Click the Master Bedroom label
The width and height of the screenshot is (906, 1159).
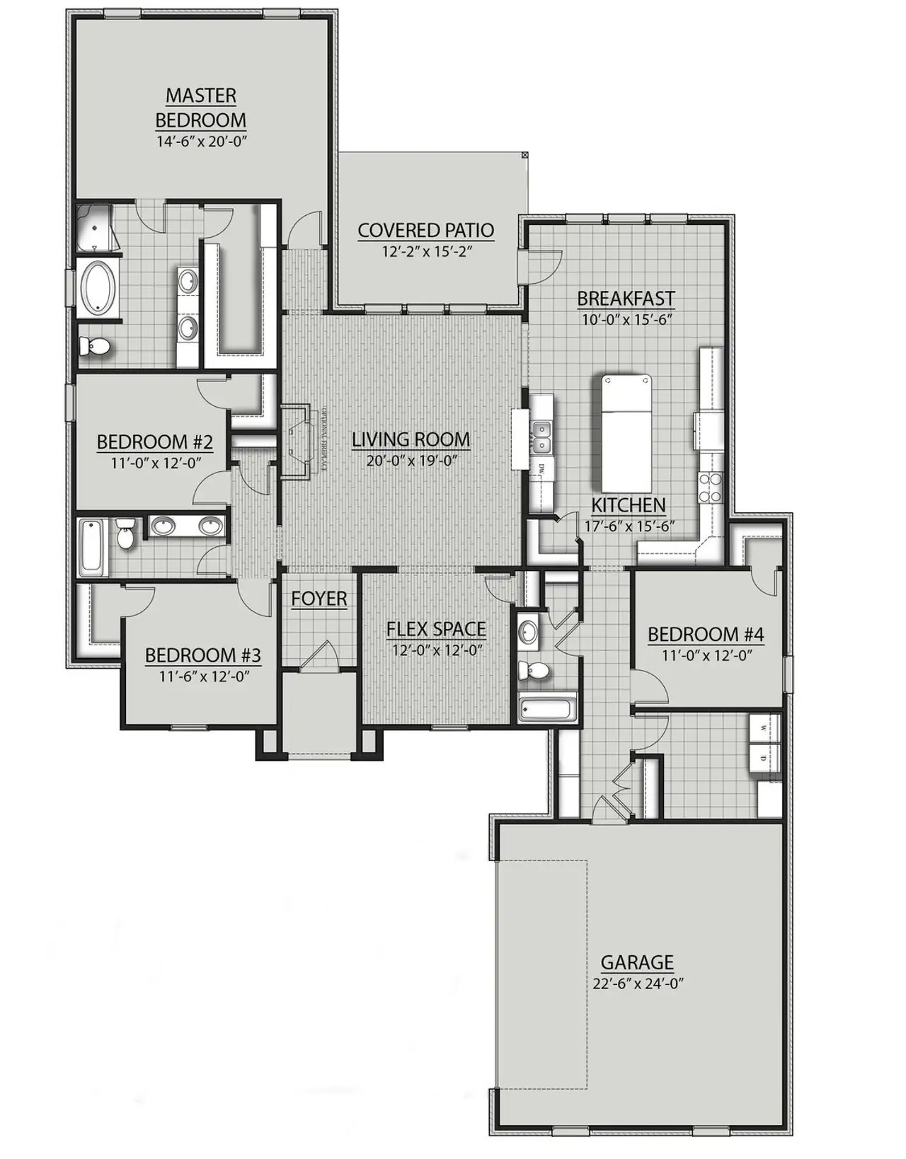[x=201, y=107]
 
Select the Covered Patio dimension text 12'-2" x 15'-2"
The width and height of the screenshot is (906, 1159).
[x=425, y=251]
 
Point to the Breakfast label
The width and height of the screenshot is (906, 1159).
[x=626, y=299]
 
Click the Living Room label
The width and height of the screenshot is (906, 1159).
[x=411, y=439]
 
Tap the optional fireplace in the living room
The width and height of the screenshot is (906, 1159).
[x=296, y=442]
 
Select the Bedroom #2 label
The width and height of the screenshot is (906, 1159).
[x=154, y=443]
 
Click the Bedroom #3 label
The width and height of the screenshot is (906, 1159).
[x=203, y=655]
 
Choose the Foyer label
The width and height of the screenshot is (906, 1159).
[x=319, y=599]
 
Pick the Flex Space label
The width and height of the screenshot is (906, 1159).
[x=436, y=629]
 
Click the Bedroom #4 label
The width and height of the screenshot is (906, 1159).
[x=706, y=634]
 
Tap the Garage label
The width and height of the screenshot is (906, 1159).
[x=637, y=962]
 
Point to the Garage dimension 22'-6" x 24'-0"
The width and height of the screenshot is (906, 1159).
[x=638, y=984]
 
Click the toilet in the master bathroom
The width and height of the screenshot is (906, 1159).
[x=94, y=346]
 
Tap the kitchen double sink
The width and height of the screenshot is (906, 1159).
[x=542, y=437]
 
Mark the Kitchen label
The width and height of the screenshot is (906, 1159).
[x=629, y=505]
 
